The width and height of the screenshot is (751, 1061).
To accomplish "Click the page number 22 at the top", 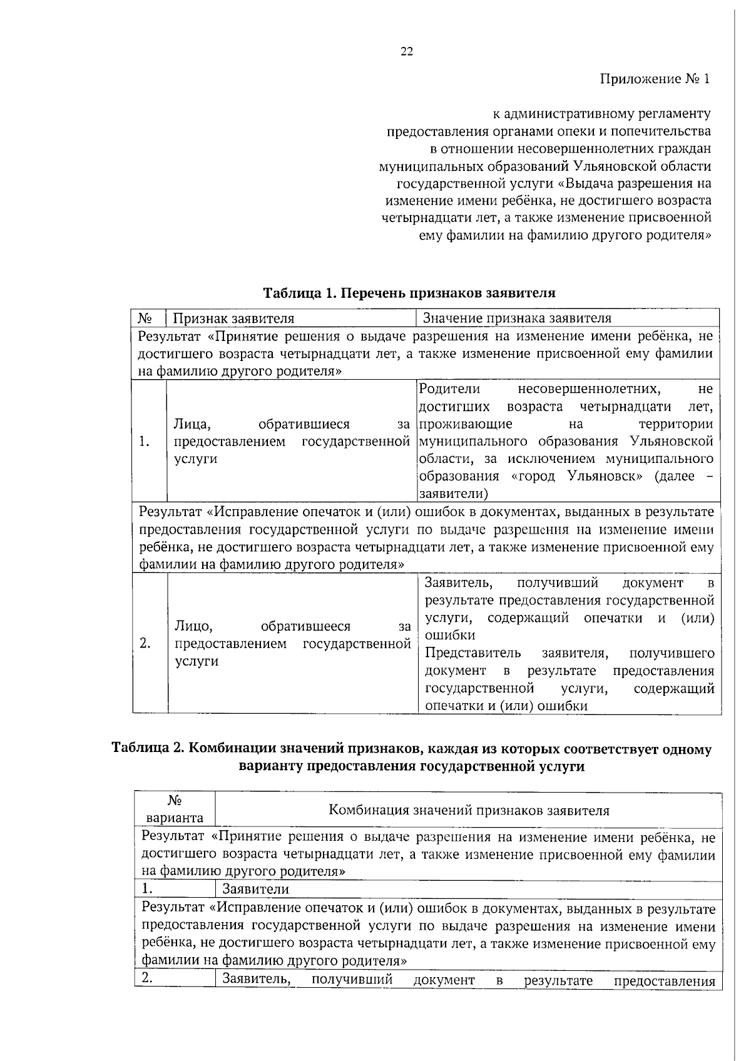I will (x=406, y=52).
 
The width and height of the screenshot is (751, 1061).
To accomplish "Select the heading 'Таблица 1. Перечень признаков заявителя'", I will (x=409, y=293).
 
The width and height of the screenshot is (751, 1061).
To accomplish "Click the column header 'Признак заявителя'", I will (x=233, y=318).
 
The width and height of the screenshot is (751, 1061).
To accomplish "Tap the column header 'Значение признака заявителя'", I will (x=517, y=318).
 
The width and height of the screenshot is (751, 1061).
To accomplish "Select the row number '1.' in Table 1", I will (x=145, y=442).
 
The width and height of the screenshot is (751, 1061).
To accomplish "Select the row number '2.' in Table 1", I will (x=145, y=644).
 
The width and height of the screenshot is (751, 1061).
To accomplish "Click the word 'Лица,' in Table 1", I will (x=192, y=425).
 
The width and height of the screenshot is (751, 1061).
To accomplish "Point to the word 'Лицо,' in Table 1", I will (x=194, y=626).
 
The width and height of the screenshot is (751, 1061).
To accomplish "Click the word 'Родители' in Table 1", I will (x=449, y=389).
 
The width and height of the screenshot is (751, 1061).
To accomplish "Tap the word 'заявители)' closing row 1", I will (x=454, y=494).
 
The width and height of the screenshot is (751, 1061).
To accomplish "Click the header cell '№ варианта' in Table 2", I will (x=174, y=809).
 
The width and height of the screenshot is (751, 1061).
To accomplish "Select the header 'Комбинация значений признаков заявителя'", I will (x=469, y=810).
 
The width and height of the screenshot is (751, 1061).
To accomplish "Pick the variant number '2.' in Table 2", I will (x=148, y=979).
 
